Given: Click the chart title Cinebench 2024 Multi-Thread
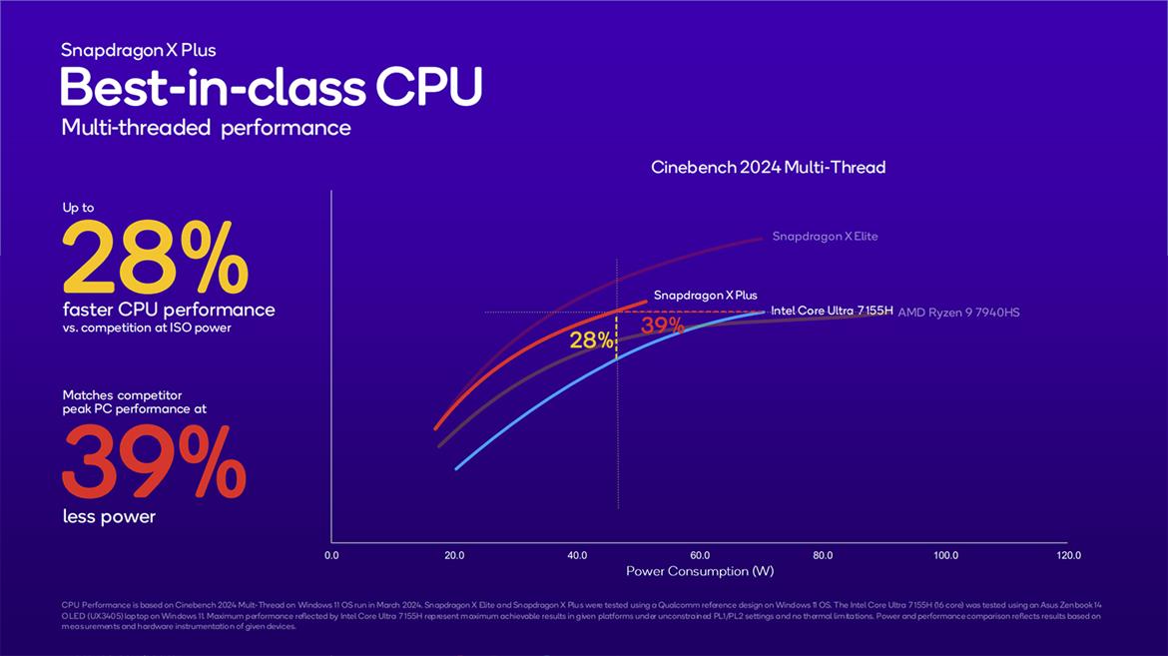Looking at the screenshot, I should (x=768, y=167).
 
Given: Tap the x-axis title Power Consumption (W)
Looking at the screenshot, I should (x=700, y=571).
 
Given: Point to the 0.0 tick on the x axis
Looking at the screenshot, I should (x=331, y=555).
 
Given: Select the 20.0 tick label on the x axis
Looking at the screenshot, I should (x=454, y=555).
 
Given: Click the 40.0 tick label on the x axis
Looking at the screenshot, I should (x=577, y=555).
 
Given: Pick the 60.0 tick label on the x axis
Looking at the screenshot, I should (x=700, y=555).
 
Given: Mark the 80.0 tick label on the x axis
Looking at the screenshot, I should (x=823, y=555).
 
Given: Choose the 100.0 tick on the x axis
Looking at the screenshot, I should (x=945, y=555).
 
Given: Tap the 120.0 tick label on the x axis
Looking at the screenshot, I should (x=1067, y=555).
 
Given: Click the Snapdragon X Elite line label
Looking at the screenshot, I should (x=825, y=237).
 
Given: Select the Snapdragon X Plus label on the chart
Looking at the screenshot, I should (x=705, y=296).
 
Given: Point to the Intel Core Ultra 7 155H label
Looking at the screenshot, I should (x=831, y=312).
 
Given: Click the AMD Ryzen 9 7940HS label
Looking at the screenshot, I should (x=958, y=313).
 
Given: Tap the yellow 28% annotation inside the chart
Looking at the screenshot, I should (x=591, y=340).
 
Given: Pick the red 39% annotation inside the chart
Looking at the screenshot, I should (x=662, y=326).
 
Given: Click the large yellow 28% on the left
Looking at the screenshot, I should (x=155, y=257).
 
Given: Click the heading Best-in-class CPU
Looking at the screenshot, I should (x=271, y=88).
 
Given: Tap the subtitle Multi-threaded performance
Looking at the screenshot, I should (x=206, y=128).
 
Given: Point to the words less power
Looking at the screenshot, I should (x=109, y=516).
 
